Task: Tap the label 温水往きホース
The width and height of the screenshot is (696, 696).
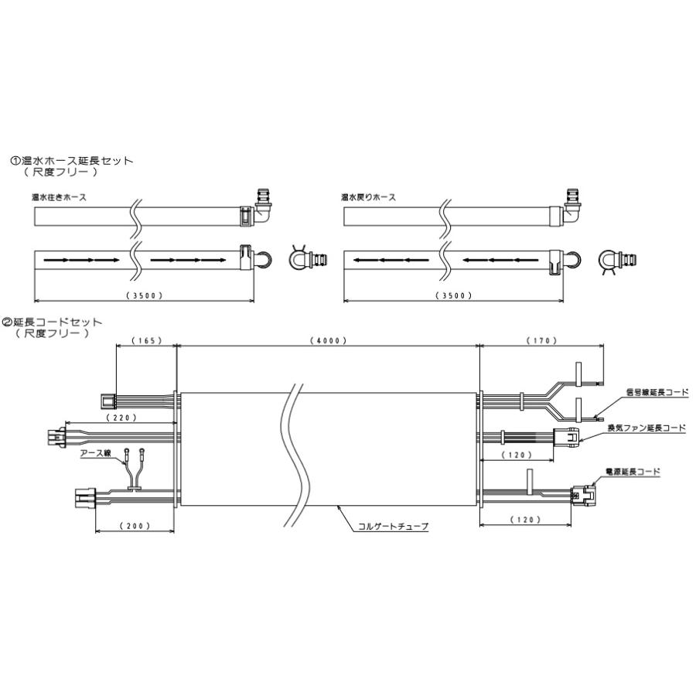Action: [59, 197]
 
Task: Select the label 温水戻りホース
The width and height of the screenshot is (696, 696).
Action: [368, 197]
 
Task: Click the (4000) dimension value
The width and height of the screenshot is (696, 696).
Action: [327, 340]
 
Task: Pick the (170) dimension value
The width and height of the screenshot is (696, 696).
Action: [541, 340]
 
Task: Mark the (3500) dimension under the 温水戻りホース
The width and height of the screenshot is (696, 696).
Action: [454, 295]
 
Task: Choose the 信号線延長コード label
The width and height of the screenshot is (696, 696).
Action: [657, 393]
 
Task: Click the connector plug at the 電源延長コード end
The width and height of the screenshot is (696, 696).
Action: [579, 492]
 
